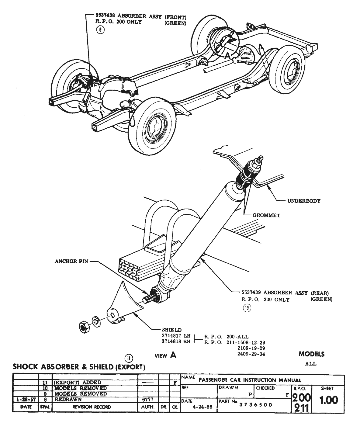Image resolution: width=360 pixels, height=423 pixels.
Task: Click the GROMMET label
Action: (266, 215)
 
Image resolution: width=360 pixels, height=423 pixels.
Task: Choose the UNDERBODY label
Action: (304, 201)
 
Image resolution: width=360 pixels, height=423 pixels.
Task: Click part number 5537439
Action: (251, 293)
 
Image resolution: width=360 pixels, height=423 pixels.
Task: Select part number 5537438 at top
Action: (106, 17)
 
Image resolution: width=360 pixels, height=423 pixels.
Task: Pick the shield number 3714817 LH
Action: (176, 336)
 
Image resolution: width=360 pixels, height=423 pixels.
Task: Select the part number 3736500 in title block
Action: (256, 404)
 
